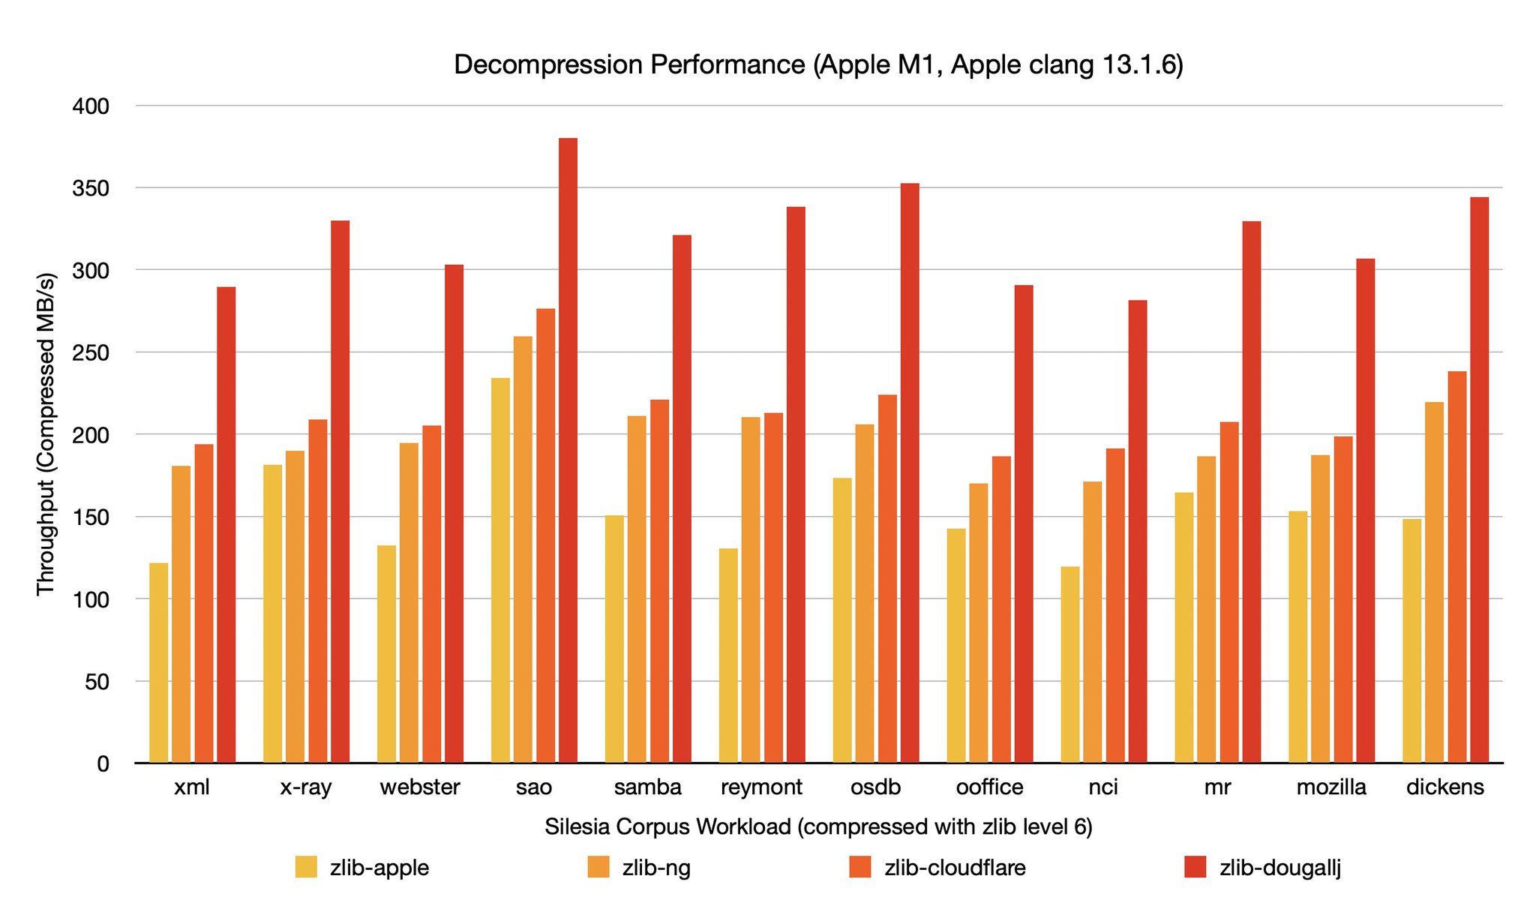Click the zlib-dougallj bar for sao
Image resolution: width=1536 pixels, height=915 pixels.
coord(568,450)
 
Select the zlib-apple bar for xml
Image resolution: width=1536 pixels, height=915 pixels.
coord(159,663)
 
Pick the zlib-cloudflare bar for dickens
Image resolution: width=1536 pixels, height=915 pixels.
coord(1456,567)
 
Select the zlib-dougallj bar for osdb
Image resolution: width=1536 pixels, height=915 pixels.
coord(910,473)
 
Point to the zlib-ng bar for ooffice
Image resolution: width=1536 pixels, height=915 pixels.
coord(979,623)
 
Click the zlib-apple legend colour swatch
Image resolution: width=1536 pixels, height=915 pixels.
coord(306,867)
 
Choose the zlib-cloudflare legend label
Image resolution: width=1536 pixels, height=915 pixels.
coord(955,868)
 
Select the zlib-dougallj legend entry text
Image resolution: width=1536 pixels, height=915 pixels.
coord(1280,868)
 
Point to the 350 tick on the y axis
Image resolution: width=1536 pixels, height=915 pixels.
coord(91,188)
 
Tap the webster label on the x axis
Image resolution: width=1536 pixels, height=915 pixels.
coord(420,787)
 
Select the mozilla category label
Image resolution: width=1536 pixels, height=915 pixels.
coord(1331,787)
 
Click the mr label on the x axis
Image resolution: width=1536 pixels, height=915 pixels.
coord(1216,787)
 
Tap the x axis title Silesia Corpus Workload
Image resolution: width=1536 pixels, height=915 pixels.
coord(818,826)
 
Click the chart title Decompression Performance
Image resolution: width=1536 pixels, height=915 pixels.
coord(818,65)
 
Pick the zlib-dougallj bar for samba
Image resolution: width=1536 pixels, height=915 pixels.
coord(682,499)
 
